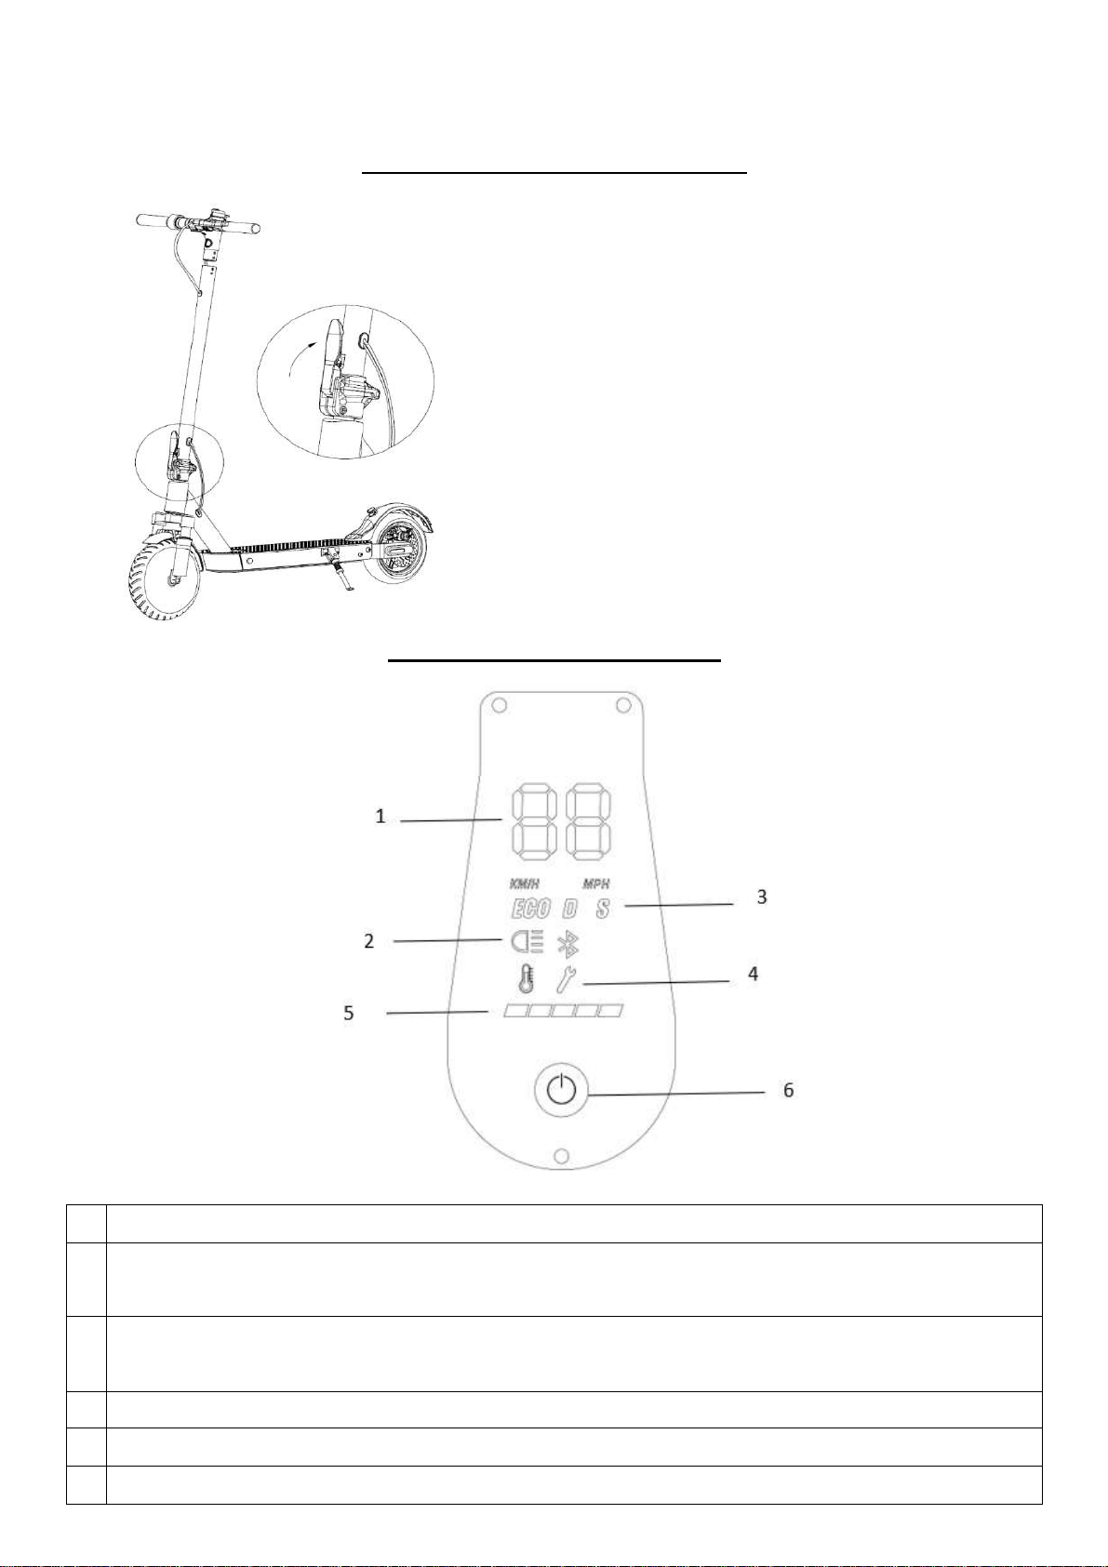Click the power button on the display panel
pos(561,1090)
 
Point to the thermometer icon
pos(525,978)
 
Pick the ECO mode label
pos(530,910)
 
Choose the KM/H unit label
pos(524,884)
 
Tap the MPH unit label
pos(595,884)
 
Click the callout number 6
pos(788,1090)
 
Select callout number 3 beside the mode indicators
pos(762,896)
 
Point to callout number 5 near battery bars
pos(349,1013)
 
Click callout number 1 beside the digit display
pos(380,816)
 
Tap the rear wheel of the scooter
pos(400,552)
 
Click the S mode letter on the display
pos(603,910)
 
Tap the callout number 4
pos(754,973)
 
